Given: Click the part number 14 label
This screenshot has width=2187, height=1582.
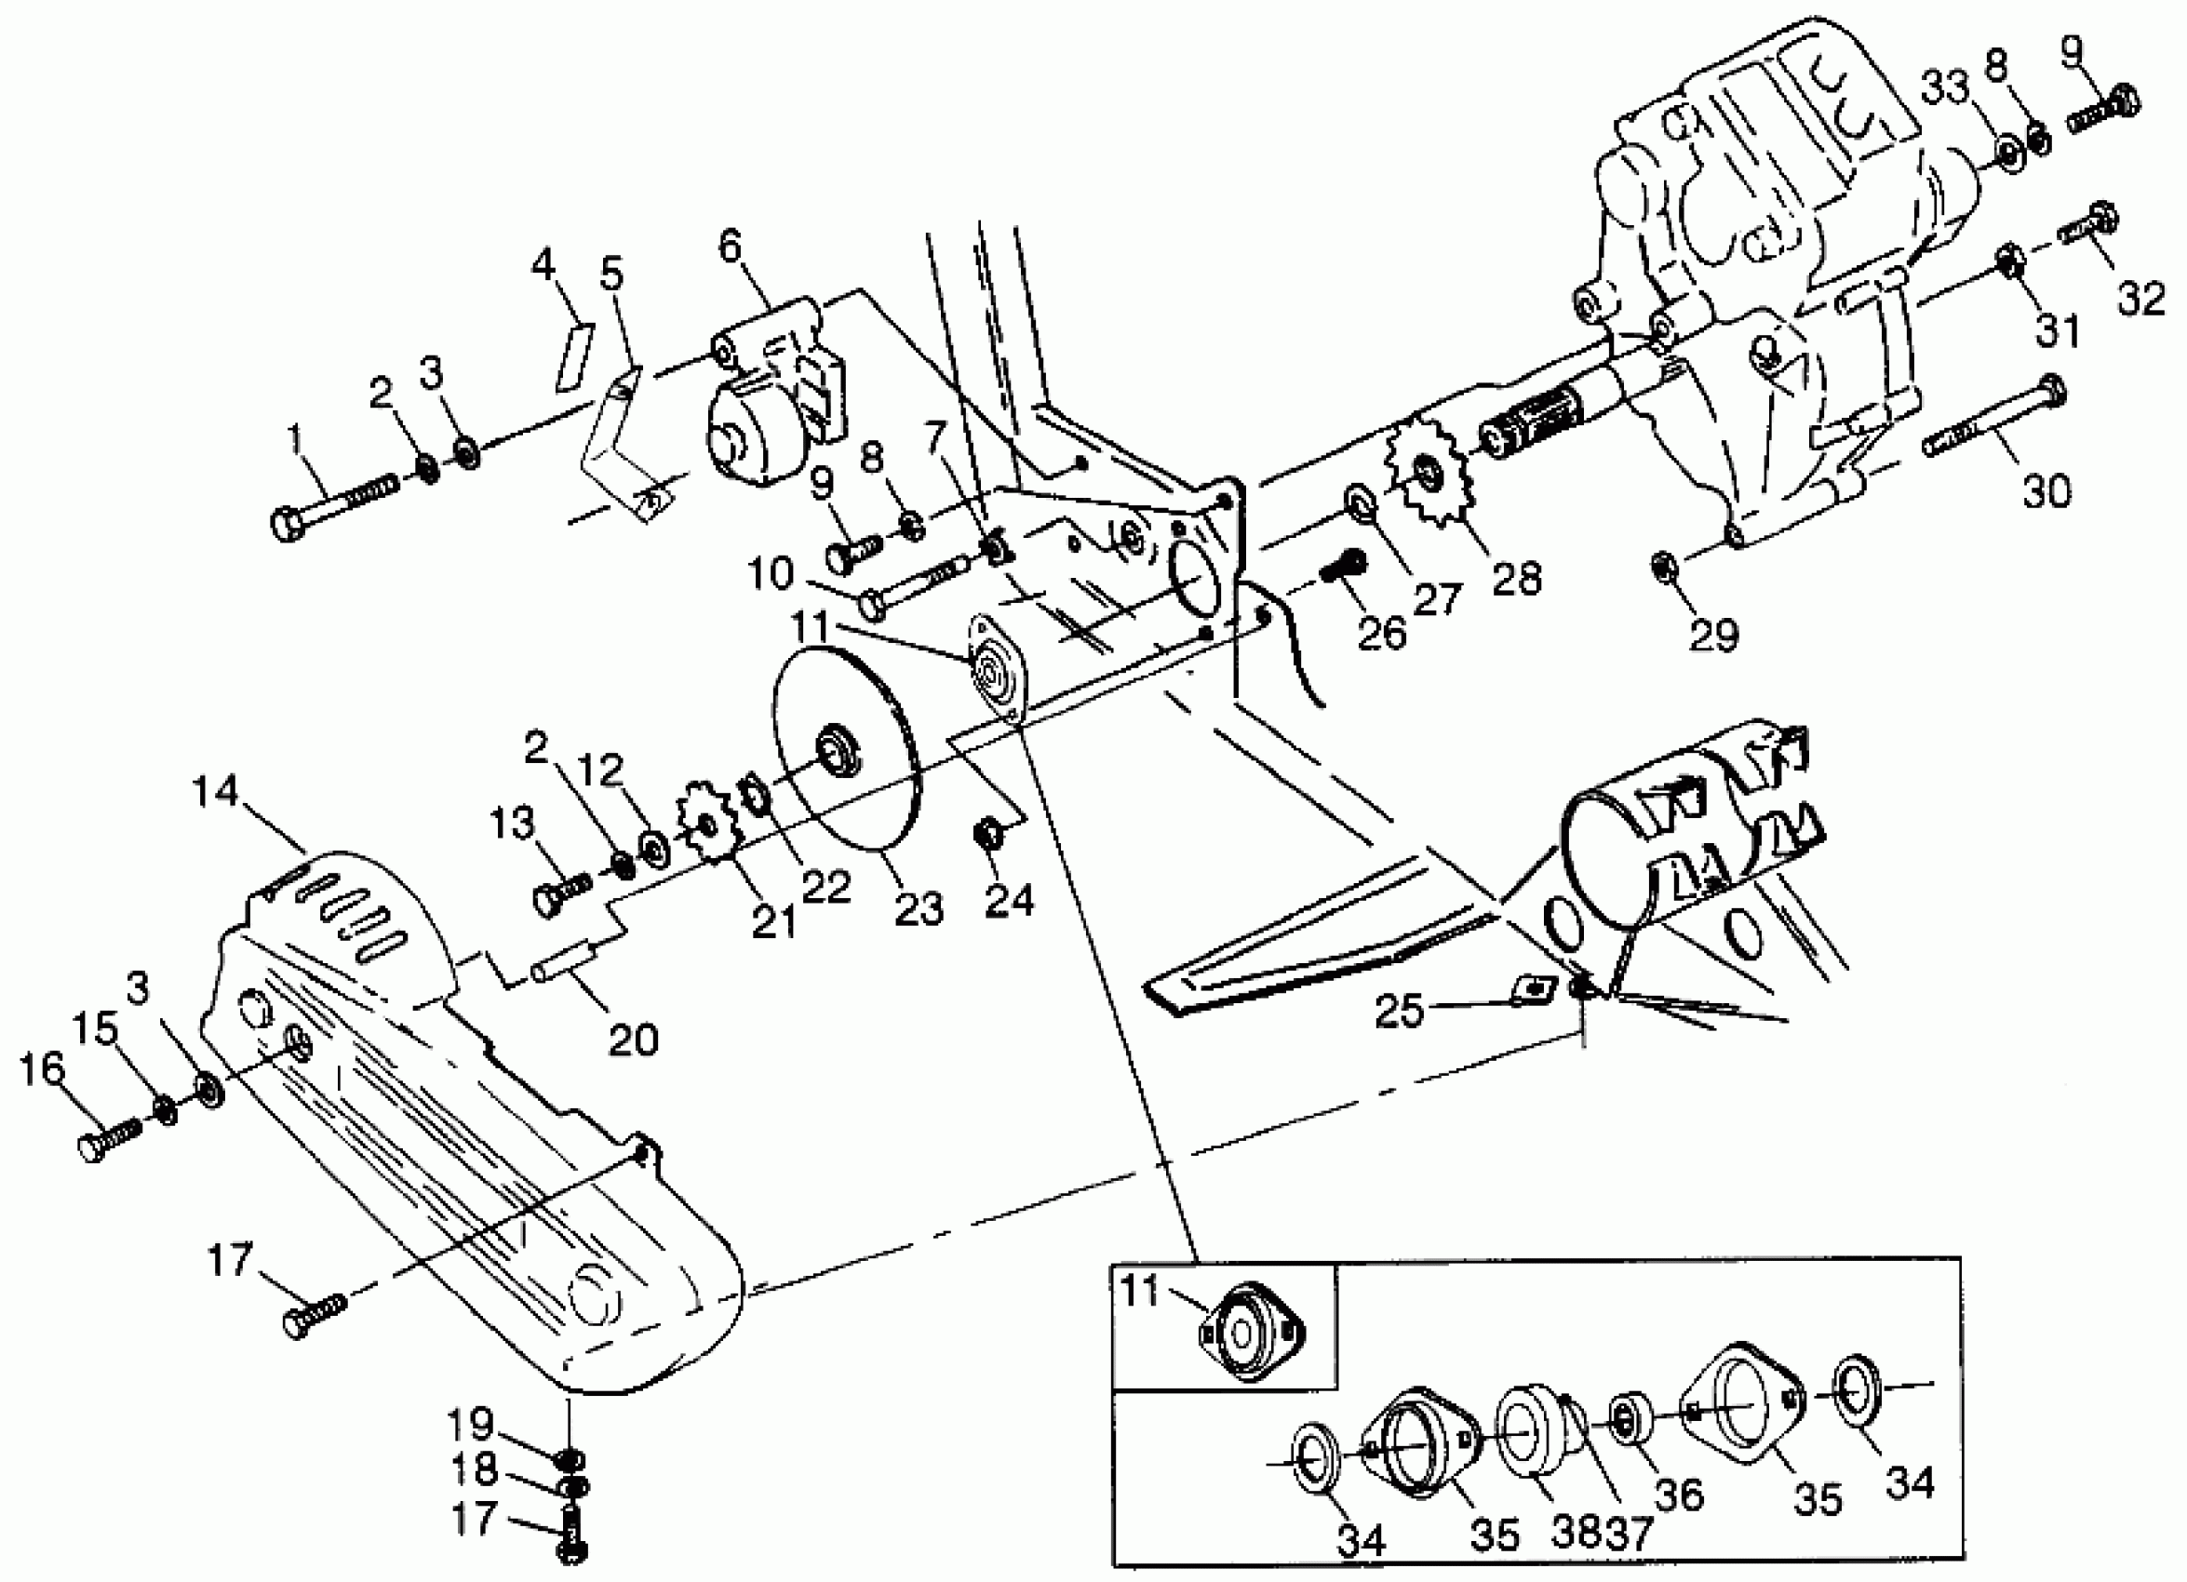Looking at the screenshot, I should coord(214,793).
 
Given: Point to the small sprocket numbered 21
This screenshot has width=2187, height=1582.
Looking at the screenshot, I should coord(709,826).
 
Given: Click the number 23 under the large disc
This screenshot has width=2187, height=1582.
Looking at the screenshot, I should coord(918,909).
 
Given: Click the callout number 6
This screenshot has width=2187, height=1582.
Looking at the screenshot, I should coord(731,247).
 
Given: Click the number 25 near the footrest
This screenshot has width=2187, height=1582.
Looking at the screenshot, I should coord(1398,1012).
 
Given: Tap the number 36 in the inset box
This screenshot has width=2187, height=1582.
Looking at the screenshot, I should coord(1679,1495).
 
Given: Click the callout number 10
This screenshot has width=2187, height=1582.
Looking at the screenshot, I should coord(771,574).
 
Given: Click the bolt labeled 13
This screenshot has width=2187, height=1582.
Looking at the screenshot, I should coord(560,889).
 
